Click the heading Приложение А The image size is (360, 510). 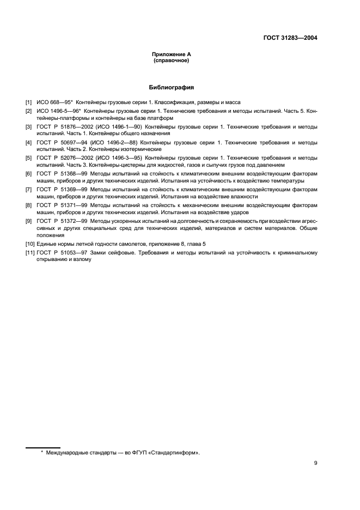click(x=171, y=54)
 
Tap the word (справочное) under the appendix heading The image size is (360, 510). click(x=171, y=60)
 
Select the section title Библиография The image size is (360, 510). click(x=171, y=87)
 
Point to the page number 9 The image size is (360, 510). click(x=315, y=463)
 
